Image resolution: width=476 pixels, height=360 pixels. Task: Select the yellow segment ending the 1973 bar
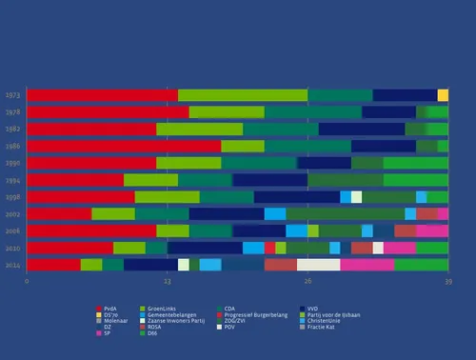443,95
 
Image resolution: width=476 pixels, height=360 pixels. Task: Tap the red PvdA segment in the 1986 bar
124,146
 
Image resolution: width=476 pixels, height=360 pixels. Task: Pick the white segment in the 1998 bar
356,197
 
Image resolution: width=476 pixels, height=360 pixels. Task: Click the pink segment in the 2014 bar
367,265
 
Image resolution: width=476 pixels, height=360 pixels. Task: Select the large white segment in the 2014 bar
318,265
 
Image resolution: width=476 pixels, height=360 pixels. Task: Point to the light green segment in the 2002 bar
113,214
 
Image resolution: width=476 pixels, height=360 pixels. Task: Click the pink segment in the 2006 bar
432,230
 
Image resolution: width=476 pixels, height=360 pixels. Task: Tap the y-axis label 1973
12,95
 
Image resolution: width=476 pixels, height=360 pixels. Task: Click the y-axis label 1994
12,180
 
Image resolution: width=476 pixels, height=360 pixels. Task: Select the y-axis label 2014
12,265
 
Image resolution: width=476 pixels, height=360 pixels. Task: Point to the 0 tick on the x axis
27,282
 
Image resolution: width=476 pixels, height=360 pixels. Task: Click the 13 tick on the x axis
167,282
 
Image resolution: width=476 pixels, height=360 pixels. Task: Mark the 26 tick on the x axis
307,282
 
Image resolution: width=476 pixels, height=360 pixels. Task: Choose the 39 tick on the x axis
447,282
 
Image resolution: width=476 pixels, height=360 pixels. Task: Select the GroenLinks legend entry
163,310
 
